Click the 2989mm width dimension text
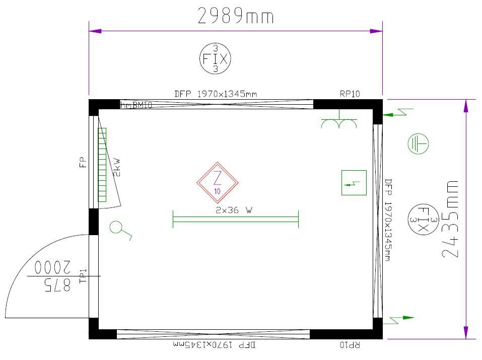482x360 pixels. click(236, 16)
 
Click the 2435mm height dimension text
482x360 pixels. click(450, 219)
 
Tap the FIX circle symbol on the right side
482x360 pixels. click(423, 220)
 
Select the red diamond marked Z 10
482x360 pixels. click(217, 182)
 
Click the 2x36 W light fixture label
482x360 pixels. click(234, 211)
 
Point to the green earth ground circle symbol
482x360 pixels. click(418, 145)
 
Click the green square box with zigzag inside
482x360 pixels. click(354, 183)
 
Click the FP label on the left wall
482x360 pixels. click(83, 162)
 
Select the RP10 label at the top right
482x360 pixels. click(350, 94)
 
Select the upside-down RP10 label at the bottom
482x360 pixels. click(350, 345)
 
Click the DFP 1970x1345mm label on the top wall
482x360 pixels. click(215, 94)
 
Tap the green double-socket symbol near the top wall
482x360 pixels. click(339, 123)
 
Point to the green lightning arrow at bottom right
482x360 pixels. click(401, 319)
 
